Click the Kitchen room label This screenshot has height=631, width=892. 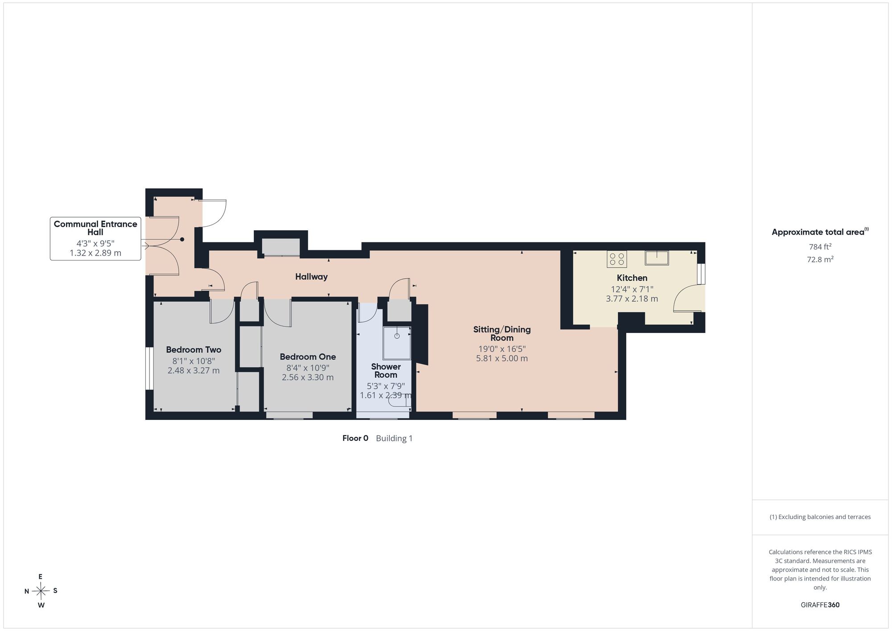click(632, 278)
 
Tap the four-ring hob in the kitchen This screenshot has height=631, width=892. click(617, 259)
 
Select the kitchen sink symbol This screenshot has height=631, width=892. click(657, 258)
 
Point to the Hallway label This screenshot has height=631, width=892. click(311, 277)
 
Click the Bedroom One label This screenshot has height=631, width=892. click(308, 357)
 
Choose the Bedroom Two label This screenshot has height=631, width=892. click(194, 349)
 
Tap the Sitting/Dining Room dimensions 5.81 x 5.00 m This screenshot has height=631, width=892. click(502, 358)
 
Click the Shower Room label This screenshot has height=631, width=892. click(386, 371)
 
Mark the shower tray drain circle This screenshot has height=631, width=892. click(397, 336)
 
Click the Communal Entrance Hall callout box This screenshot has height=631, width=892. click(95, 239)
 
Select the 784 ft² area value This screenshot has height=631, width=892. click(820, 247)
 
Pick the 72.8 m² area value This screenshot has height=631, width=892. click(820, 259)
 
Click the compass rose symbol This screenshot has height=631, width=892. click(41, 591)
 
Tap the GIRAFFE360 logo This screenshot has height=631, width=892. click(820, 605)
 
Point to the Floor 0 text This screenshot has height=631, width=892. click(355, 438)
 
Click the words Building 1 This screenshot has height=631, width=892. click(394, 439)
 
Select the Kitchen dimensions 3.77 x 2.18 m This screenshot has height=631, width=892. click(632, 299)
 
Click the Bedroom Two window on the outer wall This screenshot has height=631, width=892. click(149, 368)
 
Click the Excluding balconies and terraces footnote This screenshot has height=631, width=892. click(820, 517)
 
